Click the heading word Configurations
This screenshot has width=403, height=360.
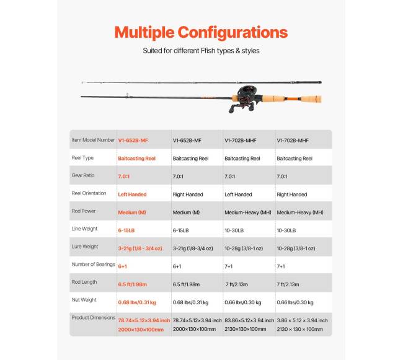pyautogui.click(x=232, y=32)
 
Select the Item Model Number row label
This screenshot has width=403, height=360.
pyautogui.click(x=93, y=140)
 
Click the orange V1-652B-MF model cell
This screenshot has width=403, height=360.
pyautogui.click(x=133, y=141)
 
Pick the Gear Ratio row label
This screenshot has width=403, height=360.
pyautogui.click(x=83, y=175)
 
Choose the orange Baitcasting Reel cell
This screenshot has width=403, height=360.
pyautogui.click(x=136, y=159)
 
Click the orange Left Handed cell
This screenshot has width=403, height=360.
pyautogui.click(x=132, y=195)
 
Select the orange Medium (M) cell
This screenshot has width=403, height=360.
pyautogui.click(x=132, y=212)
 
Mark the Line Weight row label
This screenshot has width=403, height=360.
pyautogui.click(x=85, y=229)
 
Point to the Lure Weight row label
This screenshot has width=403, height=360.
pyautogui.click(x=85, y=247)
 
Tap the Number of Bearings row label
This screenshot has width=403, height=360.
pyautogui.click(x=94, y=265)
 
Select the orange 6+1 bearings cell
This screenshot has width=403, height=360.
pyautogui.click(x=123, y=265)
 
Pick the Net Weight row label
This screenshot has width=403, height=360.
pyautogui.click(x=84, y=300)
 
